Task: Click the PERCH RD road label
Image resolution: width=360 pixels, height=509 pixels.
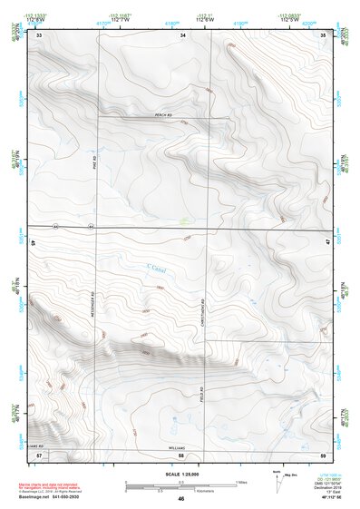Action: (163, 114)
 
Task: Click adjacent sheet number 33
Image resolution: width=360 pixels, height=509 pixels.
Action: (39, 34)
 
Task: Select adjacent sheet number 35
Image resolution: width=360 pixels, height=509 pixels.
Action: (323, 34)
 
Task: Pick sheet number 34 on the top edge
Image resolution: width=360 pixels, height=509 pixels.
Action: (182, 34)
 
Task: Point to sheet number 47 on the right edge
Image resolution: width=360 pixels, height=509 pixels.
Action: (327, 243)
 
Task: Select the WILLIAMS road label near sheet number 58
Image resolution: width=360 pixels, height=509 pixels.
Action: (178, 447)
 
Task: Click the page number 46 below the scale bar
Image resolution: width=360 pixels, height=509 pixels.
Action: (181, 499)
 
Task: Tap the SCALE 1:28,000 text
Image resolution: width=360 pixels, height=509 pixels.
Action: (180, 475)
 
